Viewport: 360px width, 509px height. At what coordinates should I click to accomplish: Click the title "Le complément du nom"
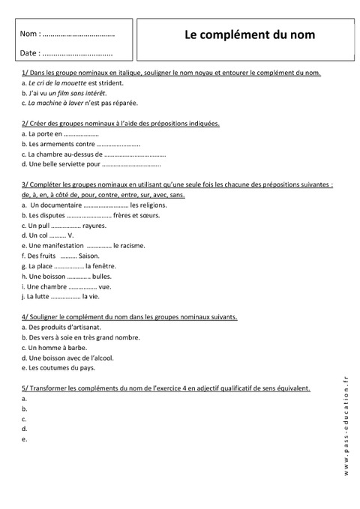tap(250, 34)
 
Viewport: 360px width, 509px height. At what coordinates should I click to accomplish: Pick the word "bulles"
tap(102, 276)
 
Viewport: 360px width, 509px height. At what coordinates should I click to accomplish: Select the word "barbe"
tap(75, 348)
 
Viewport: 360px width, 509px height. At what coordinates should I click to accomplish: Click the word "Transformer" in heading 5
tap(44, 388)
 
